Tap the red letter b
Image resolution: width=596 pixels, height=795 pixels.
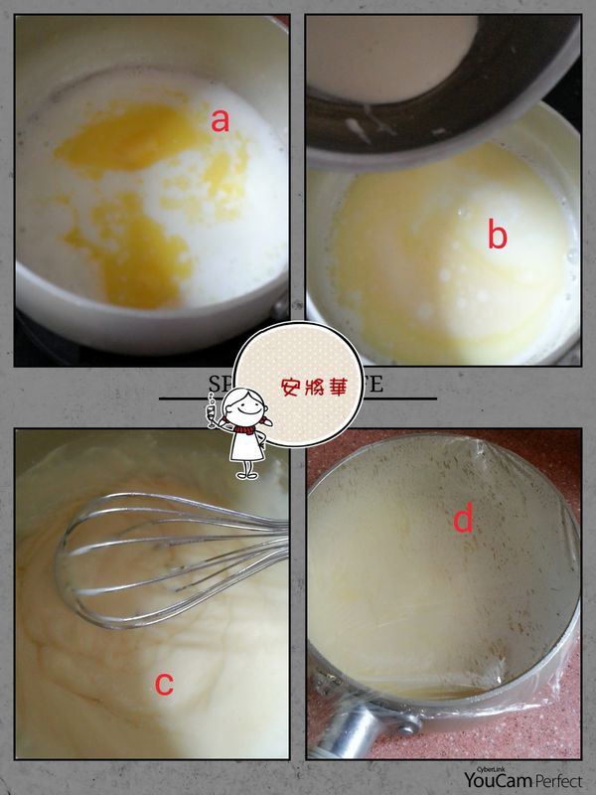(x=497, y=237)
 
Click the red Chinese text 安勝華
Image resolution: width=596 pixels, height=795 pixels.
(x=313, y=387)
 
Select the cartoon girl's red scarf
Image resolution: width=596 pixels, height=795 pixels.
(x=243, y=430)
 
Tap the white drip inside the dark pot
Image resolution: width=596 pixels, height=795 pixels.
(x=353, y=126)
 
